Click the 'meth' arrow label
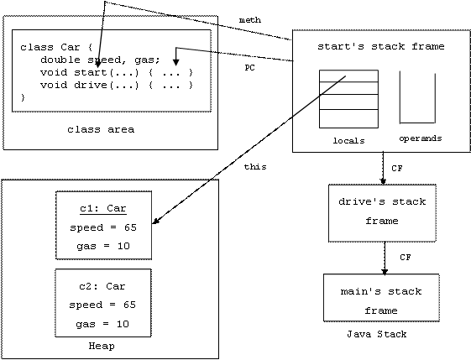click(x=250, y=20)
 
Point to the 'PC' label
click(x=249, y=68)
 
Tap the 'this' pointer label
click(x=255, y=167)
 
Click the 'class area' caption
click(x=101, y=129)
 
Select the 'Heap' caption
click(x=102, y=346)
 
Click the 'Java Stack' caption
click(x=377, y=334)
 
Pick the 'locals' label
click(x=348, y=140)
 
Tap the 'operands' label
click(x=421, y=138)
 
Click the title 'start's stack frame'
click(x=381, y=46)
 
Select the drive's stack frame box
click(x=382, y=213)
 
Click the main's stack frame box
click(x=381, y=298)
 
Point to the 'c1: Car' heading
click(x=103, y=208)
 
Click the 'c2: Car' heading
click(x=102, y=286)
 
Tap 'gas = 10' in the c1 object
click(x=103, y=246)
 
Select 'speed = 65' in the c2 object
click(x=102, y=305)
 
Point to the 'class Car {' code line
click(x=56, y=47)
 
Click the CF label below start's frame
click(x=397, y=169)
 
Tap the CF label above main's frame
click(x=406, y=258)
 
